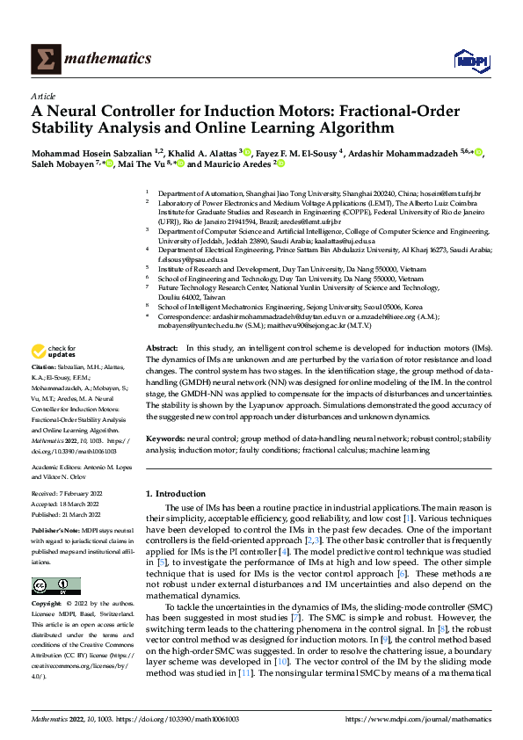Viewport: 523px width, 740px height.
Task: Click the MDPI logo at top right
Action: [469, 59]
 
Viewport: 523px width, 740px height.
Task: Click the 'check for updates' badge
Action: [57, 353]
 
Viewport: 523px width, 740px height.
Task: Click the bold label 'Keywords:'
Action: [166, 437]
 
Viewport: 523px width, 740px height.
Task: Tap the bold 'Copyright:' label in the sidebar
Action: [47, 606]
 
